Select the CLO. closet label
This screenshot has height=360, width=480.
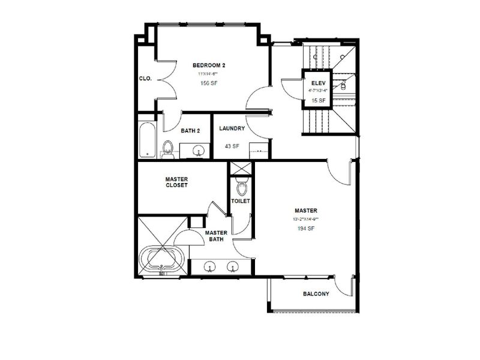pyautogui.click(x=145, y=78)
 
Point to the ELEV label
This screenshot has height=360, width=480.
pyautogui.click(x=317, y=83)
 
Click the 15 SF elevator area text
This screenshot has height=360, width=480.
pyautogui.click(x=317, y=100)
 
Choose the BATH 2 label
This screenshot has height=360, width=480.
pyautogui.click(x=190, y=130)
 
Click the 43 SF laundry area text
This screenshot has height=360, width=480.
pyautogui.click(x=230, y=146)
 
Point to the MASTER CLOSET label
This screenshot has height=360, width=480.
pyautogui.click(x=176, y=182)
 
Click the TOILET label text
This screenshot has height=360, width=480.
pyautogui.click(x=241, y=201)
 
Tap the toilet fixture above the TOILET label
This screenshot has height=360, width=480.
pyautogui.click(x=241, y=188)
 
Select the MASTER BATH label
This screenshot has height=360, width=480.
pyautogui.click(x=215, y=236)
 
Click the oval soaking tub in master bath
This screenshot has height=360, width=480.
pyautogui.click(x=162, y=260)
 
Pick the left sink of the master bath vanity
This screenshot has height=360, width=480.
pyautogui.click(x=209, y=266)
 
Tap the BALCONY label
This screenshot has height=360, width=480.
pyautogui.click(x=316, y=294)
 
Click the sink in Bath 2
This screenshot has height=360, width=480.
pyautogui.click(x=198, y=149)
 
